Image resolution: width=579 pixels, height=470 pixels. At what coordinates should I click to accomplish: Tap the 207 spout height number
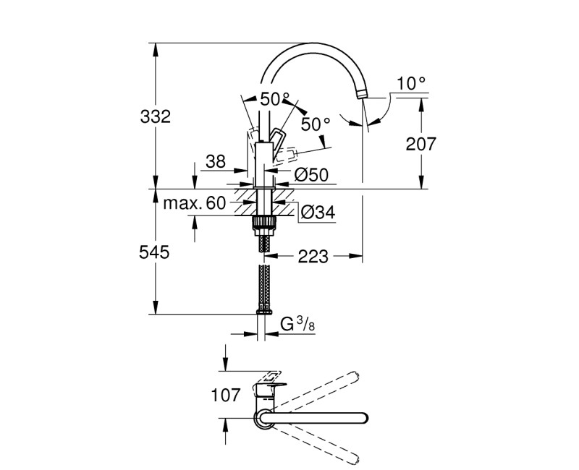click(421, 144)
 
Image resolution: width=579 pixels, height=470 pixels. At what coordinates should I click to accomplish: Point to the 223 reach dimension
click(313, 255)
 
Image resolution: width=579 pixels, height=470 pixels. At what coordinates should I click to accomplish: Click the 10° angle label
click(411, 84)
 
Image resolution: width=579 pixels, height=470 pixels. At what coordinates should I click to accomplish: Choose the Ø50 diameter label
click(312, 174)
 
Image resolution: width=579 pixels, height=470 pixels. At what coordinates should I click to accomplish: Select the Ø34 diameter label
click(316, 213)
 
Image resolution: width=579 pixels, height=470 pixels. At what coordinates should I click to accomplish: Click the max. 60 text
click(194, 203)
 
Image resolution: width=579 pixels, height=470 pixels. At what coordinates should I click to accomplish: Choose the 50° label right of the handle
click(316, 124)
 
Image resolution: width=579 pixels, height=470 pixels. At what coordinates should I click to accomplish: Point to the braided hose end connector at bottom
click(262, 311)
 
